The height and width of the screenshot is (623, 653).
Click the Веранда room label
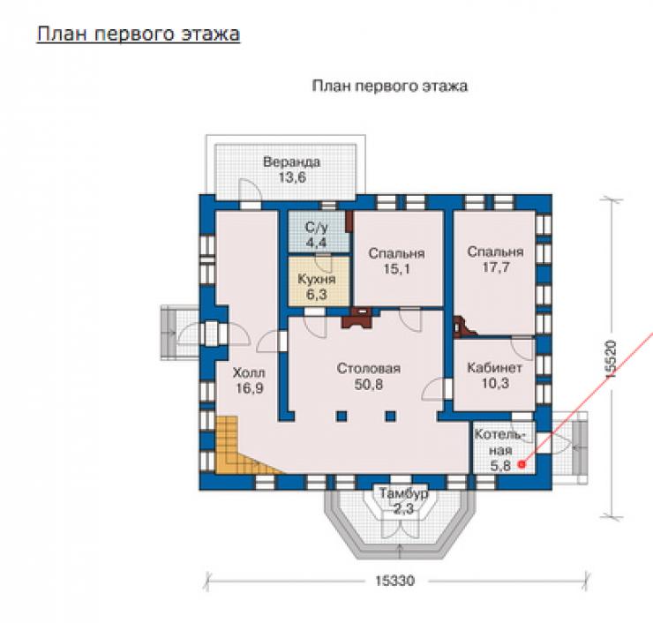(291, 162)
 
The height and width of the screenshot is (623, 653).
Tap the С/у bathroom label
(317, 228)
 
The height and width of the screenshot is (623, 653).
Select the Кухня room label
(317, 279)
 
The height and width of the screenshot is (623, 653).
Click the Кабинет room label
(495, 368)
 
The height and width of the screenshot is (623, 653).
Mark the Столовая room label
(369, 369)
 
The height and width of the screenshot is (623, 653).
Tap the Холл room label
(249, 372)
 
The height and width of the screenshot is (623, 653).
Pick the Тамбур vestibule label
(403, 493)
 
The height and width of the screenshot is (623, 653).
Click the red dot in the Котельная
(522, 464)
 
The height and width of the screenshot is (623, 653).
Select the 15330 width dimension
(394, 581)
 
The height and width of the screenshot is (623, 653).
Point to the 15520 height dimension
(611, 360)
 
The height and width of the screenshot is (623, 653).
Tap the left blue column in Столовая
(342, 416)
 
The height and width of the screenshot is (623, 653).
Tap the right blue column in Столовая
(390, 416)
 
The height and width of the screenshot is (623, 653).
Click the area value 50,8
(369, 385)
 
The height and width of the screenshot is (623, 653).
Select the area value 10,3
(495, 383)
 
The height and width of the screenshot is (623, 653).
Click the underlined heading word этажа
(210, 34)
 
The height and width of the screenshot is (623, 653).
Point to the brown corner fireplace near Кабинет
(463, 327)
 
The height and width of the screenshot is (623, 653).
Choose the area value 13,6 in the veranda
(292, 178)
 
